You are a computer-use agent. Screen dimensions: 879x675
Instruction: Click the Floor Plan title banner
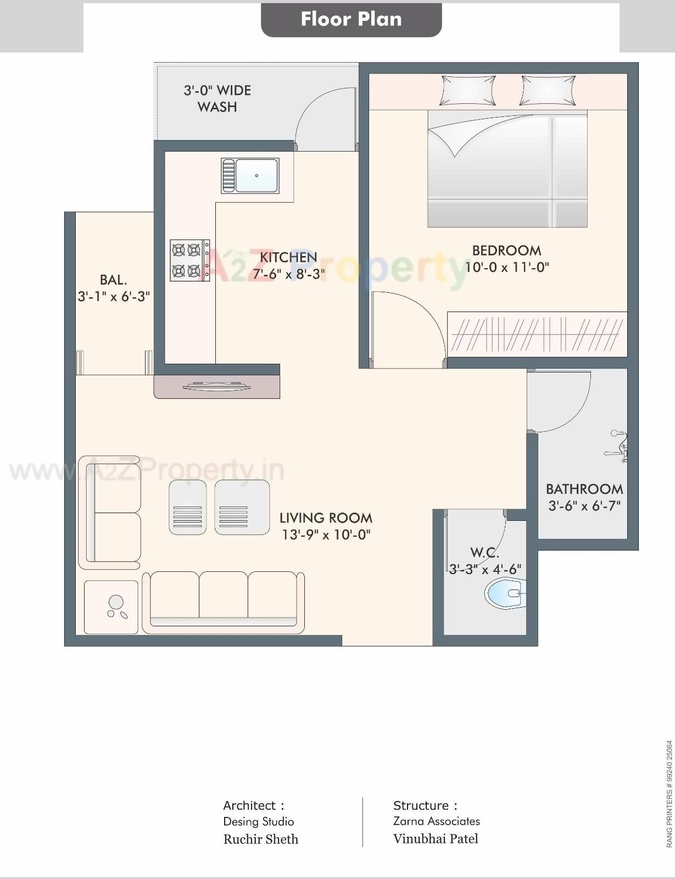[x=351, y=19]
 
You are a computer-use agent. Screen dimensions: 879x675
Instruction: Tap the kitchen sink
[x=250, y=176]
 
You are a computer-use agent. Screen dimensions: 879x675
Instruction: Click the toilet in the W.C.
[x=504, y=593]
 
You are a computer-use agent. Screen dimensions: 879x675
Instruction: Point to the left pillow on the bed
[x=467, y=91]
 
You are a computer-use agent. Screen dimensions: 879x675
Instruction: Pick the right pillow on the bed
[x=548, y=91]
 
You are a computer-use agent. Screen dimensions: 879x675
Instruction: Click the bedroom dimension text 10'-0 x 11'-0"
[x=507, y=268]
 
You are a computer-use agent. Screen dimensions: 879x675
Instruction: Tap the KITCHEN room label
[x=288, y=257]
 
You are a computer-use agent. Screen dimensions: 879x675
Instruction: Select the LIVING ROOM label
[x=326, y=518]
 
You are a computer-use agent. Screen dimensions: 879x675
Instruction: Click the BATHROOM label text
[x=584, y=489]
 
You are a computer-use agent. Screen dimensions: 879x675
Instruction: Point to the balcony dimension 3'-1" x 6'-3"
[x=114, y=297]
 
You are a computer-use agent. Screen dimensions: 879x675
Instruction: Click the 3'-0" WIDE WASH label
[x=217, y=98]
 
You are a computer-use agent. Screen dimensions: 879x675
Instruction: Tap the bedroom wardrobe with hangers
[x=537, y=334]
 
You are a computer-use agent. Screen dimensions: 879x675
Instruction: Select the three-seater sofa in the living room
[x=223, y=602]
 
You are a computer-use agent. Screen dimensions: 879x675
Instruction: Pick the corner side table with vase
[x=111, y=607]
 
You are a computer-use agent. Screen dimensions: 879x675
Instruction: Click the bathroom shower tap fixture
[x=618, y=445]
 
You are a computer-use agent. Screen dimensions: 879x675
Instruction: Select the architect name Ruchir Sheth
[x=260, y=839]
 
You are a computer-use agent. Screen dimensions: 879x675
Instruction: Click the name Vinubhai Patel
[x=436, y=839]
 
